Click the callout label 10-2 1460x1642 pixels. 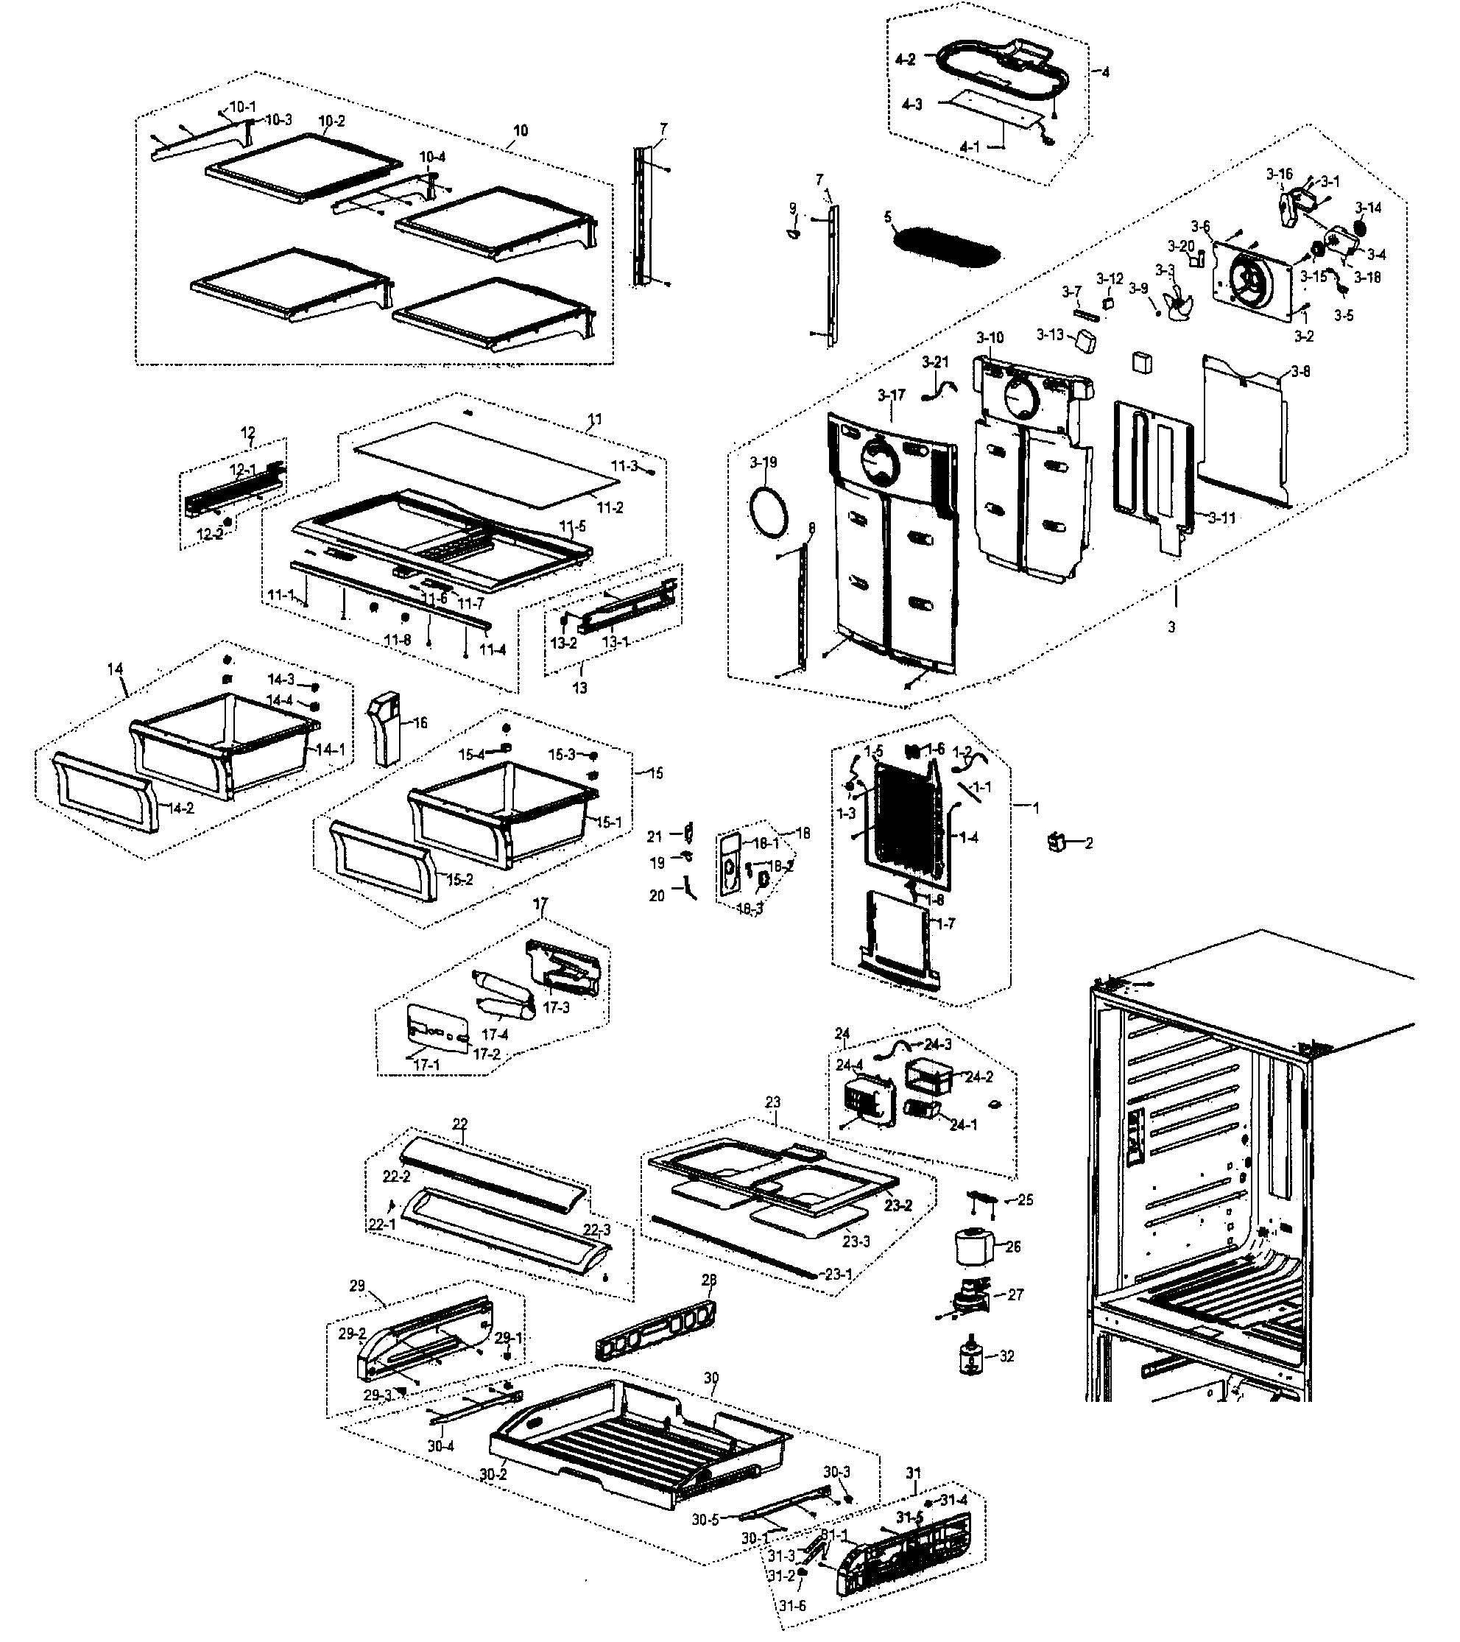(x=331, y=122)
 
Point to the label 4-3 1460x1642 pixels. (x=912, y=105)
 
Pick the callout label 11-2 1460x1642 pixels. (x=610, y=508)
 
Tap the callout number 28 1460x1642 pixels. (x=709, y=1280)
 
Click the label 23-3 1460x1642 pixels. (x=856, y=1241)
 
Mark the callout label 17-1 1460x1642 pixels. (x=426, y=1065)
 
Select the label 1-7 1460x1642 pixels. (x=946, y=924)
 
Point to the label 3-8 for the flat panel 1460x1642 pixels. (x=1301, y=372)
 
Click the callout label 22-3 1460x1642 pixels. (x=596, y=1230)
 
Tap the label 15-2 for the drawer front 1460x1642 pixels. (x=459, y=880)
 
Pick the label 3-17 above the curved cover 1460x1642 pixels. (x=892, y=395)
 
